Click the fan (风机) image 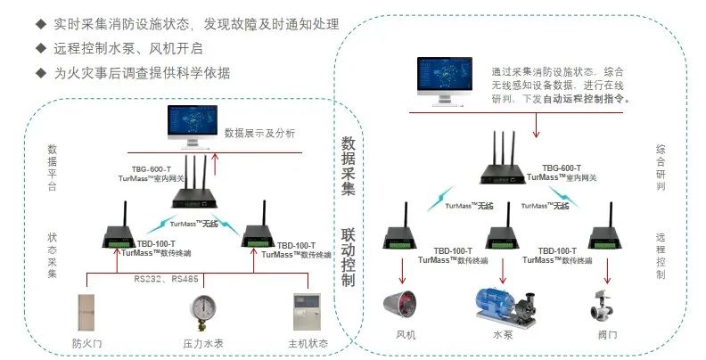tap(405, 304)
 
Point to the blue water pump tap(505, 303)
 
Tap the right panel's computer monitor tap(447, 84)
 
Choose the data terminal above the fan tap(399, 237)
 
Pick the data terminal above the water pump tap(504, 237)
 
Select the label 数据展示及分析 tap(259, 134)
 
